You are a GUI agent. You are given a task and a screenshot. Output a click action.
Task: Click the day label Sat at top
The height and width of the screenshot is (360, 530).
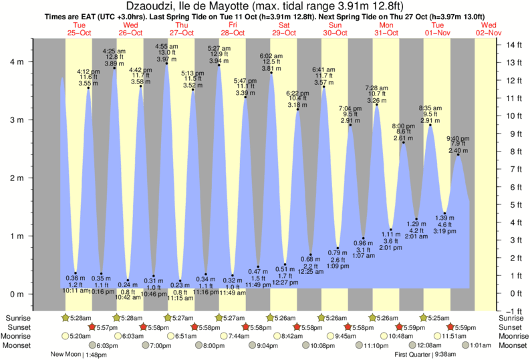[x=284, y=24]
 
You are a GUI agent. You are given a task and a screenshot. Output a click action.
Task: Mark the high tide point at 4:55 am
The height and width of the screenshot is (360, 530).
[x=166, y=63]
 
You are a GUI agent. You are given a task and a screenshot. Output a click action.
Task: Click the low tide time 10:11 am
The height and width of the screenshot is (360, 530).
[x=76, y=291]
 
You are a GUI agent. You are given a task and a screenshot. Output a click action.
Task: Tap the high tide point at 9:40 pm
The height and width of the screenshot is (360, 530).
[x=458, y=155]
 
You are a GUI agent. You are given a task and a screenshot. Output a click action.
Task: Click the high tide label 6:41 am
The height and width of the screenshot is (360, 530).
[x=324, y=69]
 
